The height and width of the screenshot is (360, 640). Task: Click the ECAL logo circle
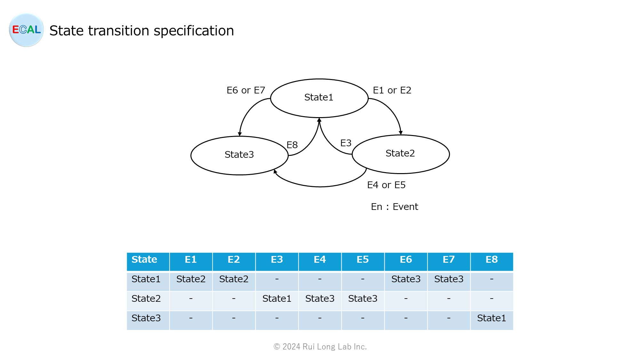[x=26, y=30]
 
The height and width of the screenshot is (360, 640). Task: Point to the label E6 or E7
[x=246, y=91]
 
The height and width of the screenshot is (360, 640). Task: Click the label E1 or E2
[x=392, y=91]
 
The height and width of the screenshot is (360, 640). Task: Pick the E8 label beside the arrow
[x=292, y=145]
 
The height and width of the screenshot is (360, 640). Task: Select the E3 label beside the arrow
[x=346, y=143]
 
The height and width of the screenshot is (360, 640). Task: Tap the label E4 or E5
[x=386, y=185]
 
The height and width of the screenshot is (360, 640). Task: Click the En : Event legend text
[x=394, y=207]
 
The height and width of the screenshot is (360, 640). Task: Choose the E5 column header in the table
[x=363, y=260]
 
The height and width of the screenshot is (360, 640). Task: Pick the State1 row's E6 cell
[x=406, y=279]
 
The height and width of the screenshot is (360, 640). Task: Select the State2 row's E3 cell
[x=277, y=299]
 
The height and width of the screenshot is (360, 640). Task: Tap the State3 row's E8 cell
[x=492, y=318]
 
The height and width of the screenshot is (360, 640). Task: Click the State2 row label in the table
[x=146, y=299]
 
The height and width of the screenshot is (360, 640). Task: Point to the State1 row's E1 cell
[x=191, y=279]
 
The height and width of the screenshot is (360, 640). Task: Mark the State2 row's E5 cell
[x=363, y=299]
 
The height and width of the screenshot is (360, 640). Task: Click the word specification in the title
[x=194, y=31]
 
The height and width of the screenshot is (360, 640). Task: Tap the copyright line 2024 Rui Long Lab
[x=320, y=347]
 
